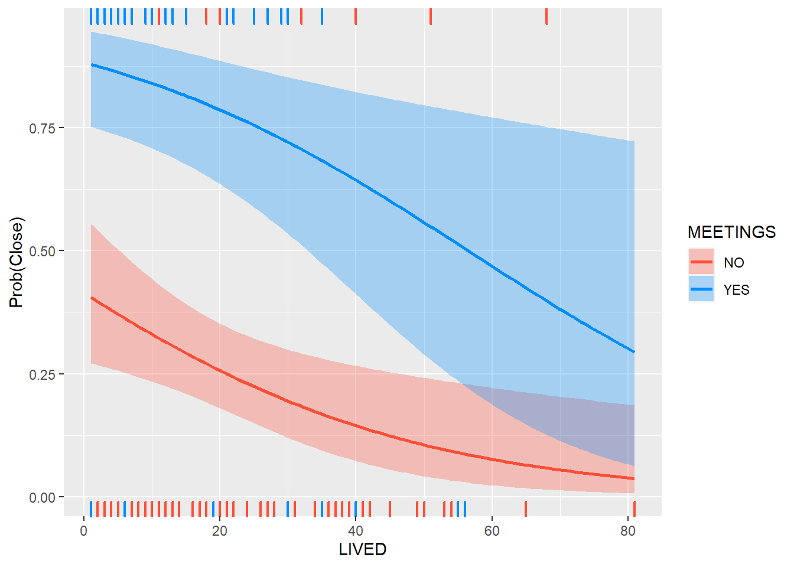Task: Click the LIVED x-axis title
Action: (362, 549)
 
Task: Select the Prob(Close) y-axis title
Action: (17, 262)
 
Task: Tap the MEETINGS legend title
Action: (731, 232)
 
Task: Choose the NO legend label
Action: (734, 263)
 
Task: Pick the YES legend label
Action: (736, 290)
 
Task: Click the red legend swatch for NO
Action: (701, 262)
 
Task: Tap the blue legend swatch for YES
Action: (701, 289)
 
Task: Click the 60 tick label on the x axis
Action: (492, 531)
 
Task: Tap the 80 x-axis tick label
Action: (628, 531)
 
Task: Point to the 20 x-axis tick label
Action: (219, 531)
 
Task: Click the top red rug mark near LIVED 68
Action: (546, 17)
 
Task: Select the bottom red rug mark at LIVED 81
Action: (634, 508)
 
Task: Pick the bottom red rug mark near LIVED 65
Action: (525, 508)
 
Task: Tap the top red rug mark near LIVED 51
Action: (431, 17)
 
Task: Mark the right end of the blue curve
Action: (634, 352)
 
